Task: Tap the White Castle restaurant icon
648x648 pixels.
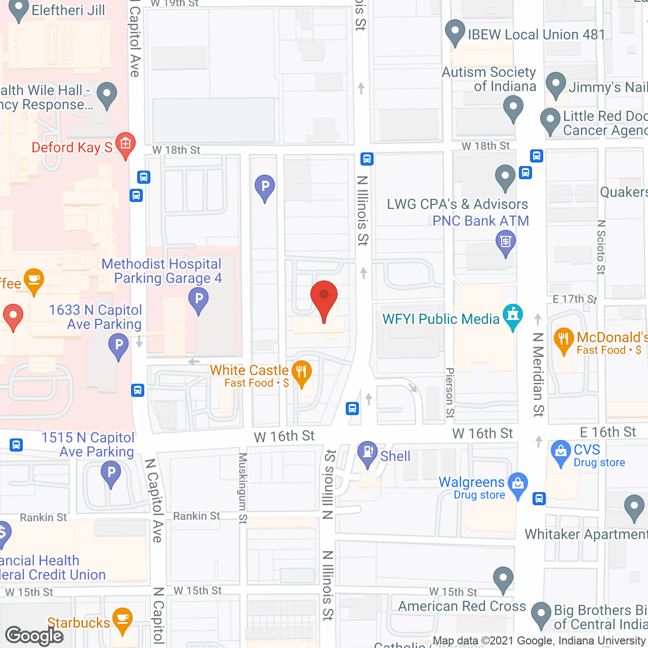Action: point(302,373)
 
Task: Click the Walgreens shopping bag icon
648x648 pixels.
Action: point(518,484)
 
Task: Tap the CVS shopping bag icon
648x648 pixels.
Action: point(560,452)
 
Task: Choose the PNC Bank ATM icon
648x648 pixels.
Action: point(505,241)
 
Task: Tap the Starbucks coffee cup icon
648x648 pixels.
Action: point(123,619)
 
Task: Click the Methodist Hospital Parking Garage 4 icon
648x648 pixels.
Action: point(198,299)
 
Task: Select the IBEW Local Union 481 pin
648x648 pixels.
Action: point(455,31)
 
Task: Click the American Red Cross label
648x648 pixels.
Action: point(462,606)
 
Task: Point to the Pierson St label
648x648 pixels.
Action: point(450,393)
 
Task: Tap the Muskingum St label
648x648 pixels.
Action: point(243,488)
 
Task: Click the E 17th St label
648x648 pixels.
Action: point(575,299)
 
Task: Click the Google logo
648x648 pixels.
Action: point(34,635)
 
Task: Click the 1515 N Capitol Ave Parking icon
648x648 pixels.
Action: point(111,474)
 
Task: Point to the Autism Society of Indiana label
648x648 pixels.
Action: point(489,79)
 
